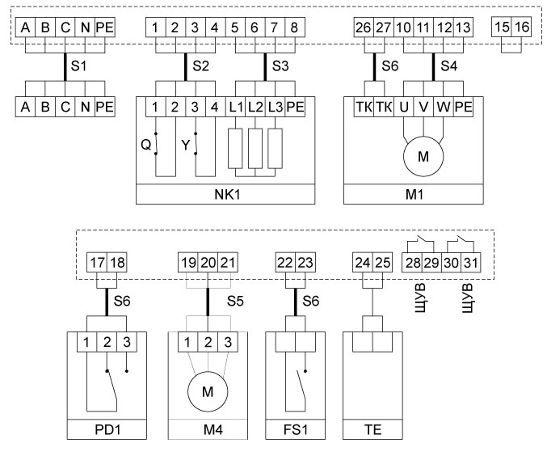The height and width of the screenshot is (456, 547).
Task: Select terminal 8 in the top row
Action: click(x=292, y=27)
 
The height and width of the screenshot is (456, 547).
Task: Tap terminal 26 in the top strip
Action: click(x=363, y=27)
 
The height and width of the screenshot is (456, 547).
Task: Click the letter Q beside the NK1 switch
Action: click(x=146, y=146)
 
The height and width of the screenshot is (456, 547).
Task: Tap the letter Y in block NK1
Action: click(x=186, y=146)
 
